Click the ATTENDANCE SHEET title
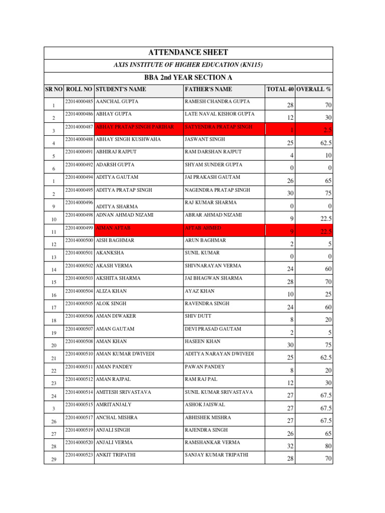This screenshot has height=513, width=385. tap(188, 53)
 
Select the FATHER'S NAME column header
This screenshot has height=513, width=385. tap(209, 89)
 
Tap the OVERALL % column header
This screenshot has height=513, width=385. tap(313, 89)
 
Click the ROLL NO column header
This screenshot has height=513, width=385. tap(79, 89)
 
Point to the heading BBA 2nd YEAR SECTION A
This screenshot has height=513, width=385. tap(188, 78)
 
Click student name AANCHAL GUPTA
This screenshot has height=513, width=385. tap(117, 102)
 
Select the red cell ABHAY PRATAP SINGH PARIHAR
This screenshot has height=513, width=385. tap(135, 127)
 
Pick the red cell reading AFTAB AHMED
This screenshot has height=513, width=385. tap(203, 228)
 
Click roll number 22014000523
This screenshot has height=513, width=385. tap(79, 455)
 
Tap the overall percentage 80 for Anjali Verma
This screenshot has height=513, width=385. tap(327, 446)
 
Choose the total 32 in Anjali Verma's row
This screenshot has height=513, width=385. tap(290, 446)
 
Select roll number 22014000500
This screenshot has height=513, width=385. tap(79, 240)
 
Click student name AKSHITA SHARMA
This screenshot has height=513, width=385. tap(118, 279)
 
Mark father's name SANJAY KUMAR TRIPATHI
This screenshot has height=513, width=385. tap(217, 455)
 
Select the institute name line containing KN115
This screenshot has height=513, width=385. tap(188, 65)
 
